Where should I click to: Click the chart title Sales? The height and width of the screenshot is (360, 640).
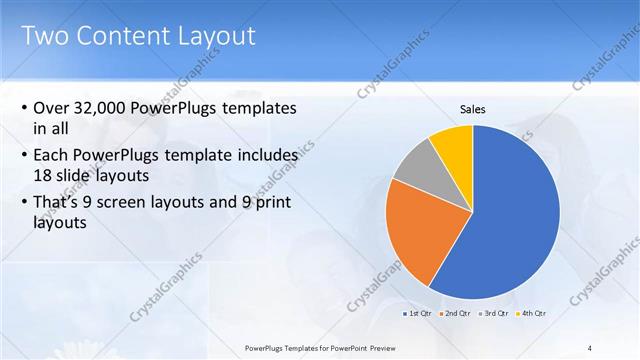[x=472, y=109]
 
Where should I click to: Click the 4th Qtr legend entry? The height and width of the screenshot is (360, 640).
[x=531, y=313]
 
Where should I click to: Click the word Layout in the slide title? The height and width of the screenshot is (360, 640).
[x=217, y=36]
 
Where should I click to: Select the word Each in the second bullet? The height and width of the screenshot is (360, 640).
[x=51, y=156]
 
